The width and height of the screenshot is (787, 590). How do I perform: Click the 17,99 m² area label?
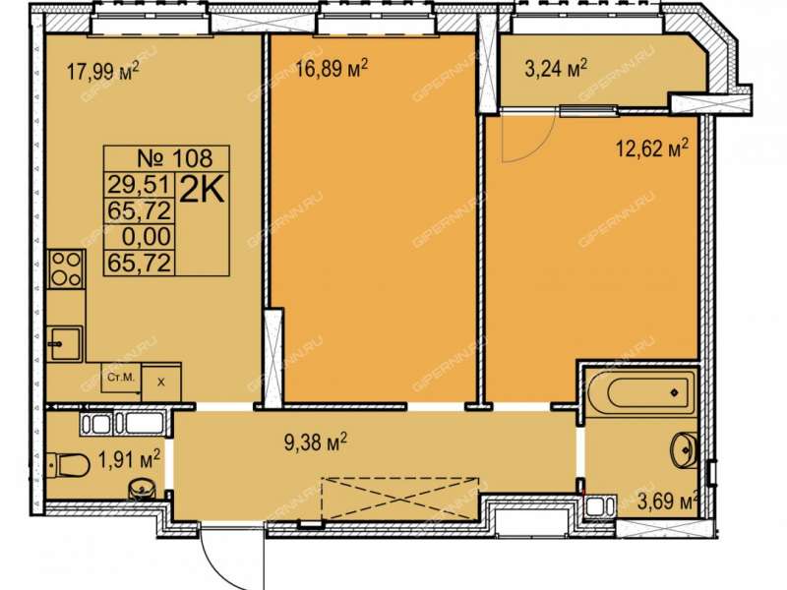click(103, 72)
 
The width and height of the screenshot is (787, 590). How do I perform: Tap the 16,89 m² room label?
click(332, 68)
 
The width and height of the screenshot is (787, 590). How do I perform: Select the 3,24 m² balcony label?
click(556, 68)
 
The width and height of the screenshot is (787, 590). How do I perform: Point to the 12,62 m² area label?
click(652, 148)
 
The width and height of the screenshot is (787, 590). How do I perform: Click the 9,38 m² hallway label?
click(316, 442)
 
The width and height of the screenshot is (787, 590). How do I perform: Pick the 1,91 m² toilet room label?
click(130, 458)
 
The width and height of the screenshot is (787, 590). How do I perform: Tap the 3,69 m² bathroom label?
click(669, 501)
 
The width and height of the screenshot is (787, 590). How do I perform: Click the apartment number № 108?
click(175, 158)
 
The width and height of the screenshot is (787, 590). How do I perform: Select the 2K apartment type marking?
click(202, 191)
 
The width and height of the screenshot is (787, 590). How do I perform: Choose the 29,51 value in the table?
click(140, 185)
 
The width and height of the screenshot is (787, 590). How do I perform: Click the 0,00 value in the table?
click(147, 237)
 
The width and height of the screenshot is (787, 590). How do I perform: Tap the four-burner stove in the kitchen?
click(67, 268)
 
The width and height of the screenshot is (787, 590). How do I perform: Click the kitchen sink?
click(65, 343)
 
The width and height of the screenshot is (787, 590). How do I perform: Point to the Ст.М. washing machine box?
click(121, 378)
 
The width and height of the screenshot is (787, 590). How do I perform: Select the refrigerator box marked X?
click(161, 383)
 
